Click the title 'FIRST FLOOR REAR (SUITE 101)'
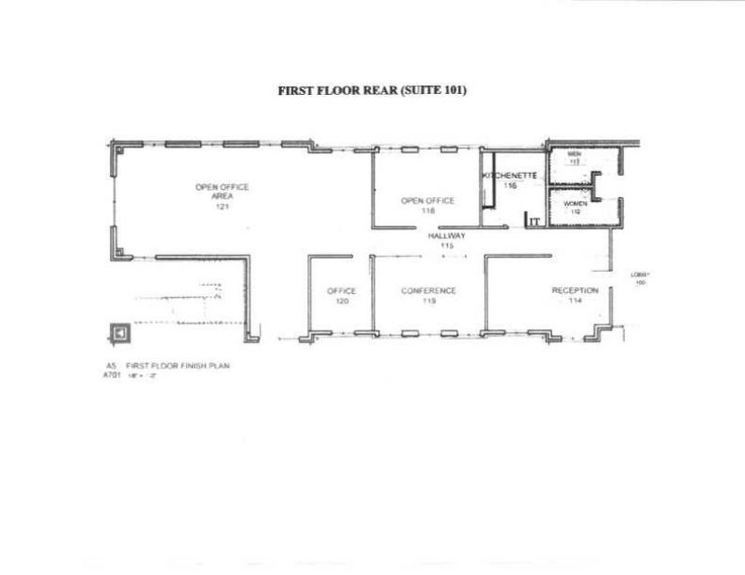tap(372, 91)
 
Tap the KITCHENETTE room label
tap(510, 175)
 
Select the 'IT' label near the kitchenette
tap(535, 221)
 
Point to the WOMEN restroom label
tap(575, 202)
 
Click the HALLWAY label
tap(446, 236)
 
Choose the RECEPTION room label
tap(575, 290)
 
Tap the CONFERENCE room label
tap(428, 290)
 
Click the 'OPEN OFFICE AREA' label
tap(222, 192)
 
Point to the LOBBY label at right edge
tap(639, 274)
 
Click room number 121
tap(222, 207)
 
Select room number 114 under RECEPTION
tap(575, 301)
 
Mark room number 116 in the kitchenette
tap(510, 185)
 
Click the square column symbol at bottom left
tap(119, 332)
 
